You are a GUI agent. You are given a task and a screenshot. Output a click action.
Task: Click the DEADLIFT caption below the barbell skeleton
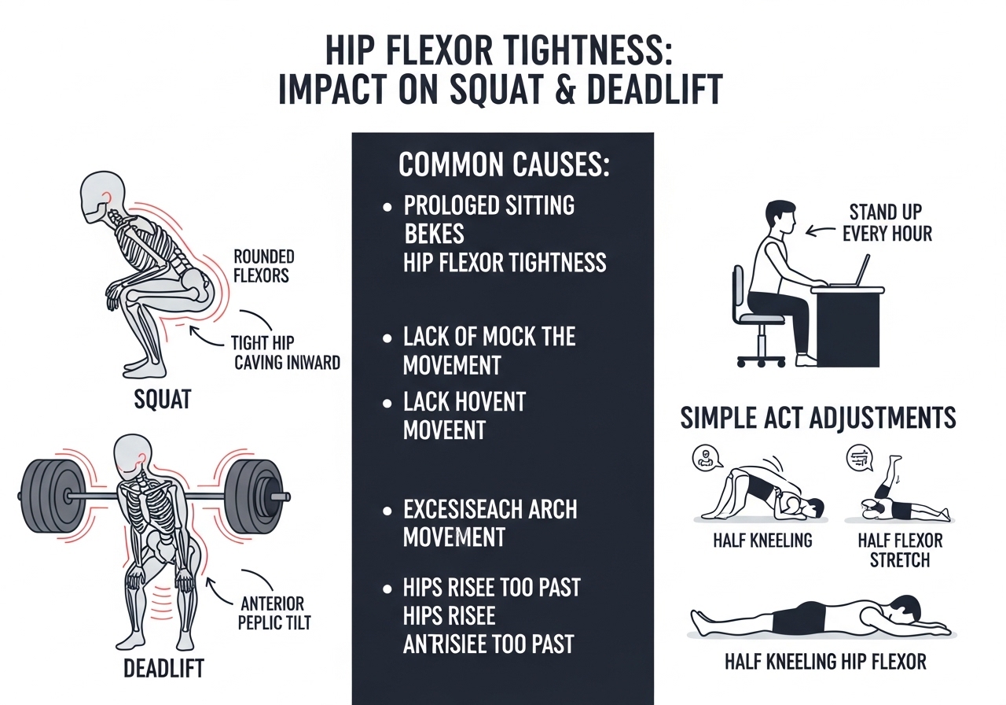point(163,669)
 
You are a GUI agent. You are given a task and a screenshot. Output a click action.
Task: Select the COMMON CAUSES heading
point(504,166)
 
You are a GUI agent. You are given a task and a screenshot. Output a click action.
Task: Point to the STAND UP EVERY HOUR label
point(890,223)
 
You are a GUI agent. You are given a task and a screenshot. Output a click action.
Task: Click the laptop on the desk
point(852,271)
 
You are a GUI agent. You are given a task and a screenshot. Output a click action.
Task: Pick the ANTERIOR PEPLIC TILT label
point(274,613)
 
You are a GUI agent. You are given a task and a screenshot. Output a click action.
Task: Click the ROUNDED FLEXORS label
point(263,266)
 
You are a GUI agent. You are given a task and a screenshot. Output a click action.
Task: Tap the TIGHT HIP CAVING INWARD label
point(287,352)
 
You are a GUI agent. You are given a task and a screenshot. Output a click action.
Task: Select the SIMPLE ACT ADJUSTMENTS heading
point(818,418)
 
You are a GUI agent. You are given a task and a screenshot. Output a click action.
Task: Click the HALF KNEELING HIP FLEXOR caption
point(824,662)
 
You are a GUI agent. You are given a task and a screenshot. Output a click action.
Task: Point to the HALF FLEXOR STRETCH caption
point(900,550)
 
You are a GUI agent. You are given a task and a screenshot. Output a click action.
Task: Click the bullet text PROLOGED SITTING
point(489,206)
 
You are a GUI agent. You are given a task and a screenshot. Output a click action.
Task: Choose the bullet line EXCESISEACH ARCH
point(490,509)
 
